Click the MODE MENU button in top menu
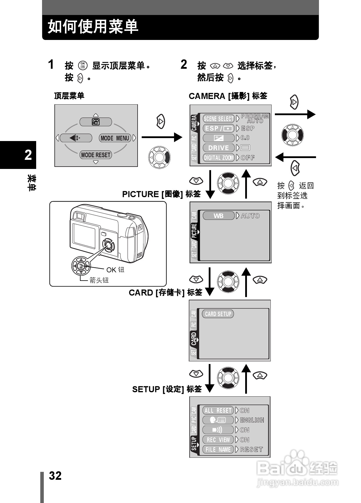(115, 138)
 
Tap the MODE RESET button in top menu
(96, 155)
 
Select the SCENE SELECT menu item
(218, 119)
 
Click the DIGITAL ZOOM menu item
(218, 158)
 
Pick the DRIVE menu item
(218, 148)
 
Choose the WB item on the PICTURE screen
(218, 216)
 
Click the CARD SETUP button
(218, 314)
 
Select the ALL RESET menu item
(218, 410)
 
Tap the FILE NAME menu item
(218, 450)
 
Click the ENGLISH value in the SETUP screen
(252, 420)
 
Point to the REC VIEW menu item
(218, 440)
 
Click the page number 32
(55, 476)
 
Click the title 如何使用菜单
(93, 27)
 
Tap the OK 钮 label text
(115, 270)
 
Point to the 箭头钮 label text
(99, 280)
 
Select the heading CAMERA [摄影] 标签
(228, 96)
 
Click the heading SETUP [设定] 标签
(167, 389)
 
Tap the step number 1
(51, 65)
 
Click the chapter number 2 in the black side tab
(28, 155)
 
